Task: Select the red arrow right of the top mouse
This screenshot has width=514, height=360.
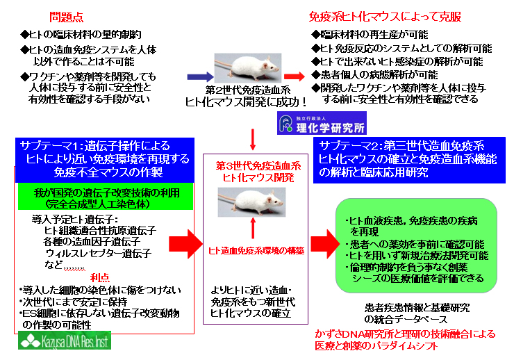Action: click(294, 76)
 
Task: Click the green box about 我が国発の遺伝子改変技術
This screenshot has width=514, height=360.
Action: click(104, 198)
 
